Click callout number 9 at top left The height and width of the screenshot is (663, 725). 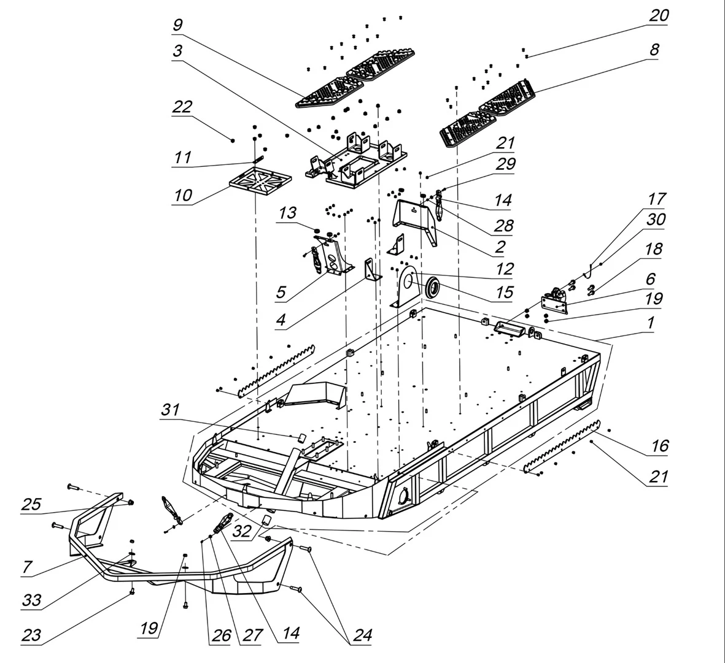(x=177, y=26)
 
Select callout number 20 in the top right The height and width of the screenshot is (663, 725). (x=659, y=16)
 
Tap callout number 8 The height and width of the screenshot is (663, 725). (x=654, y=50)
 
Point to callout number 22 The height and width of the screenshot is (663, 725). (x=182, y=107)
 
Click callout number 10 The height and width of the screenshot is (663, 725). (x=182, y=196)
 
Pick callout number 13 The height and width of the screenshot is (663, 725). (x=287, y=213)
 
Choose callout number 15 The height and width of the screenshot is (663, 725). (x=504, y=292)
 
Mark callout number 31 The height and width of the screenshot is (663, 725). (x=170, y=410)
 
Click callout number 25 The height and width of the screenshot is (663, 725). (x=31, y=504)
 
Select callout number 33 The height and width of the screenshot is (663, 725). (x=31, y=600)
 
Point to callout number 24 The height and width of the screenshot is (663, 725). (x=362, y=635)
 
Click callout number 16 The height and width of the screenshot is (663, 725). (x=659, y=446)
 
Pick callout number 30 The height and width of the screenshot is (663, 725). (x=656, y=220)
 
